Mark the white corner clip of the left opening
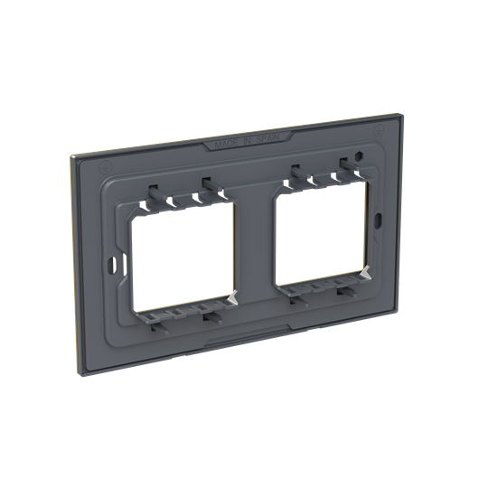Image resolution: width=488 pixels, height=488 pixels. tap(233, 296)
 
